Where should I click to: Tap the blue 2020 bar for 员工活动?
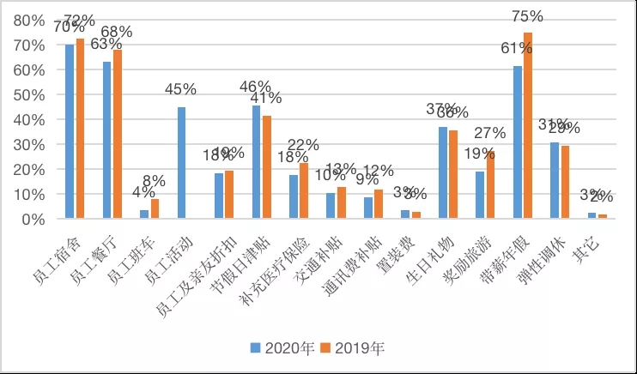click(182, 163)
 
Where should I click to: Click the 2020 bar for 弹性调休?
click(555, 180)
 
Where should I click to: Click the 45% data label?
click(182, 88)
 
